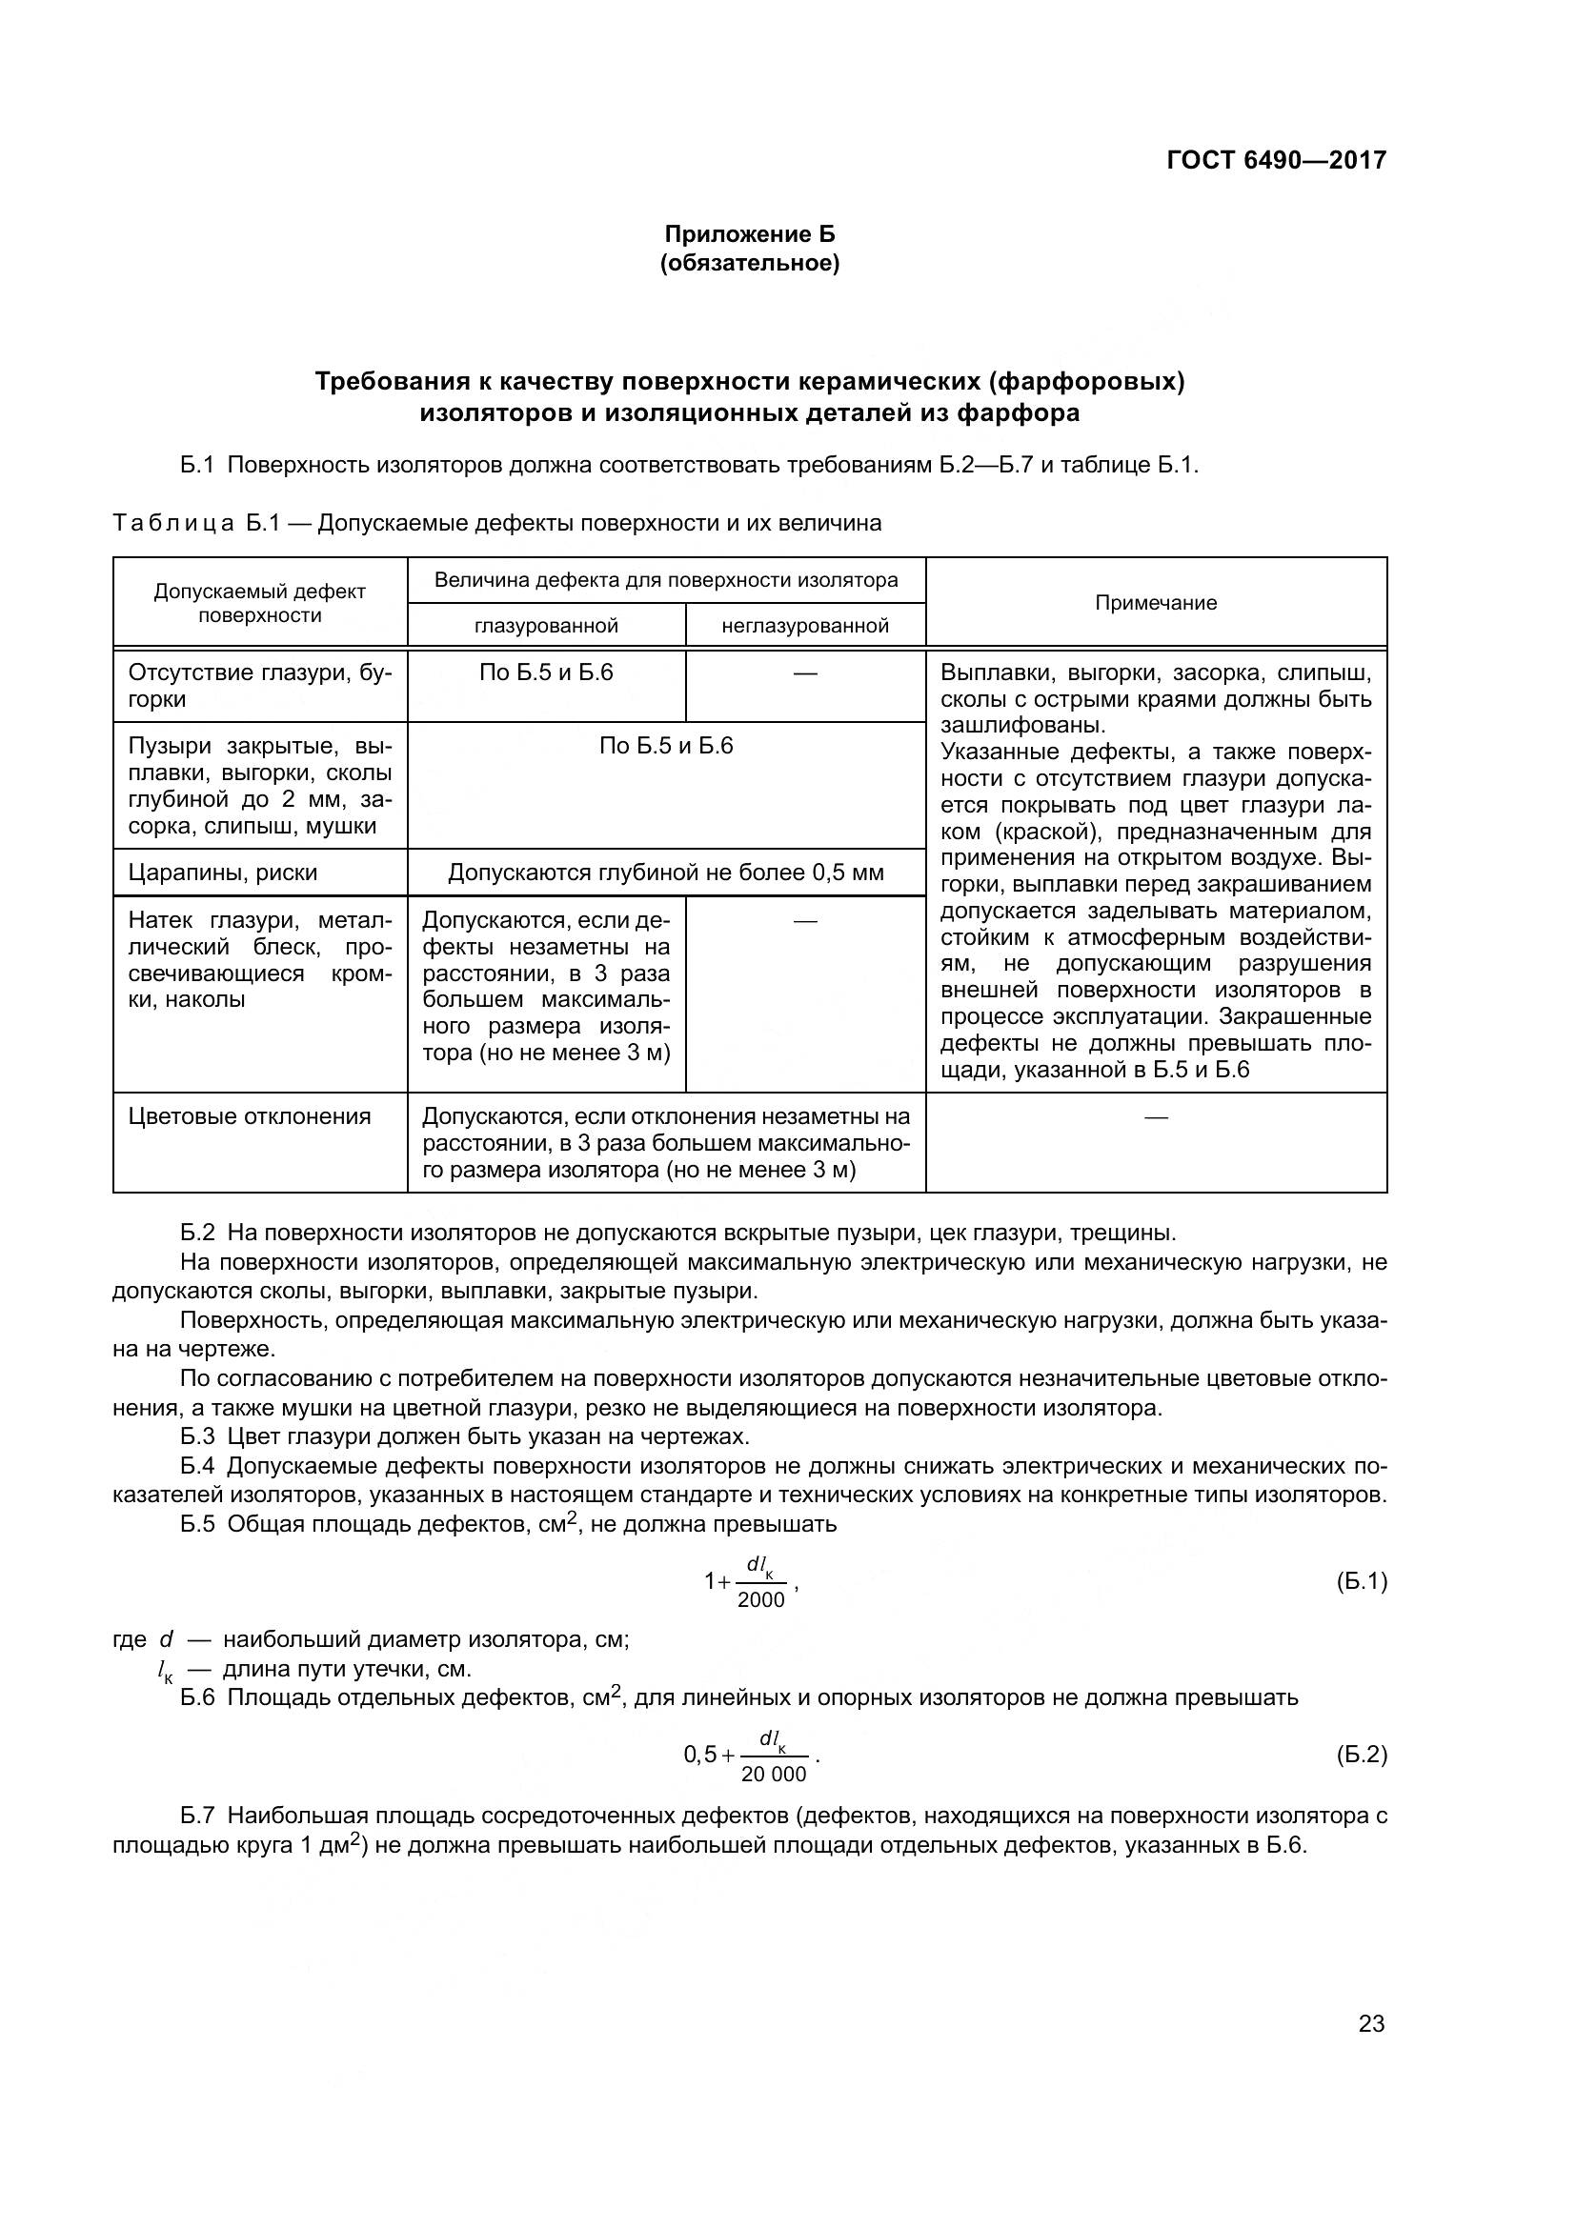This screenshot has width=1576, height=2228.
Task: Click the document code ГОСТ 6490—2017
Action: pos(1276,160)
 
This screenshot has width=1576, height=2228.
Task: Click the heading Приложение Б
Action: pos(749,234)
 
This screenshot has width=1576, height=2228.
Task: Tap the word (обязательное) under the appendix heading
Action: pos(749,263)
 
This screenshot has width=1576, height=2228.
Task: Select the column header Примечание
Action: pos(1156,603)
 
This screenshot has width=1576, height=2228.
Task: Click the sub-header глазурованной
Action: pos(546,626)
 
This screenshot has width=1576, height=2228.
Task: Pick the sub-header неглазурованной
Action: pos(805,626)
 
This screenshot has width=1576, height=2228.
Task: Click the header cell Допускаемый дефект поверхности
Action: pos(260,603)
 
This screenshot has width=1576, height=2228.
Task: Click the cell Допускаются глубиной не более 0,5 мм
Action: pos(666,873)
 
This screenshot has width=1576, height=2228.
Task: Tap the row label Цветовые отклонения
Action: pos(250,1116)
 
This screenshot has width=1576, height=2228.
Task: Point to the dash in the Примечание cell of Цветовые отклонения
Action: pos(1156,1117)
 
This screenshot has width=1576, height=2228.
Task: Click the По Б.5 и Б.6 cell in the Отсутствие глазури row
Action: pos(546,672)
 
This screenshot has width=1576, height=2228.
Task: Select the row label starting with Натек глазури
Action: pos(260,960)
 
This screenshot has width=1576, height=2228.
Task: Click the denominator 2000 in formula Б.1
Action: pos(760,1600)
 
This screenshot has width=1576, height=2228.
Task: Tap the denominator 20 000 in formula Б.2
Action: pos(774,1775)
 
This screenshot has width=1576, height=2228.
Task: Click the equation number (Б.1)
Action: pos(1362,1581)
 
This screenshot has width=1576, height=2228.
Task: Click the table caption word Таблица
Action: pos(172,524)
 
